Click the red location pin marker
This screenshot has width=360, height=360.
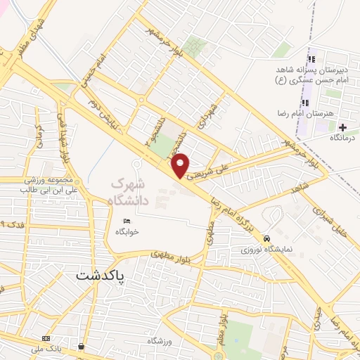[182, 165]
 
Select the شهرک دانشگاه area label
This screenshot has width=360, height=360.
[131, 192]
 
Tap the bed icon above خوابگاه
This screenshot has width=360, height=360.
[127, 220]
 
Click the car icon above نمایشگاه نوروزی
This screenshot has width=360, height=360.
[266, 238]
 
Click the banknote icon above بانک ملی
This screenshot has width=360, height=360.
[46, 338]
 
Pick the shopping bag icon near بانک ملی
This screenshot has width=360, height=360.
[83, 347]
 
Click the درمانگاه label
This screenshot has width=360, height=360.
[343, 137]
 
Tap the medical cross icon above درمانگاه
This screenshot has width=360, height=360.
[342, 127]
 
